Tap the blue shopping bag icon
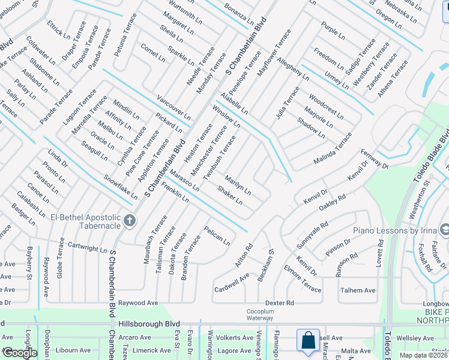point(308,340)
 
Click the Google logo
point(20,353)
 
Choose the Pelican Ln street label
point(217,236)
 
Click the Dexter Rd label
point(280,304)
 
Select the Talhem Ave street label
point(358,290)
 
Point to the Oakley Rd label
point(333,202)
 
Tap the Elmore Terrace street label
point(303,278)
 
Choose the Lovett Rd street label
point(380,254)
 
